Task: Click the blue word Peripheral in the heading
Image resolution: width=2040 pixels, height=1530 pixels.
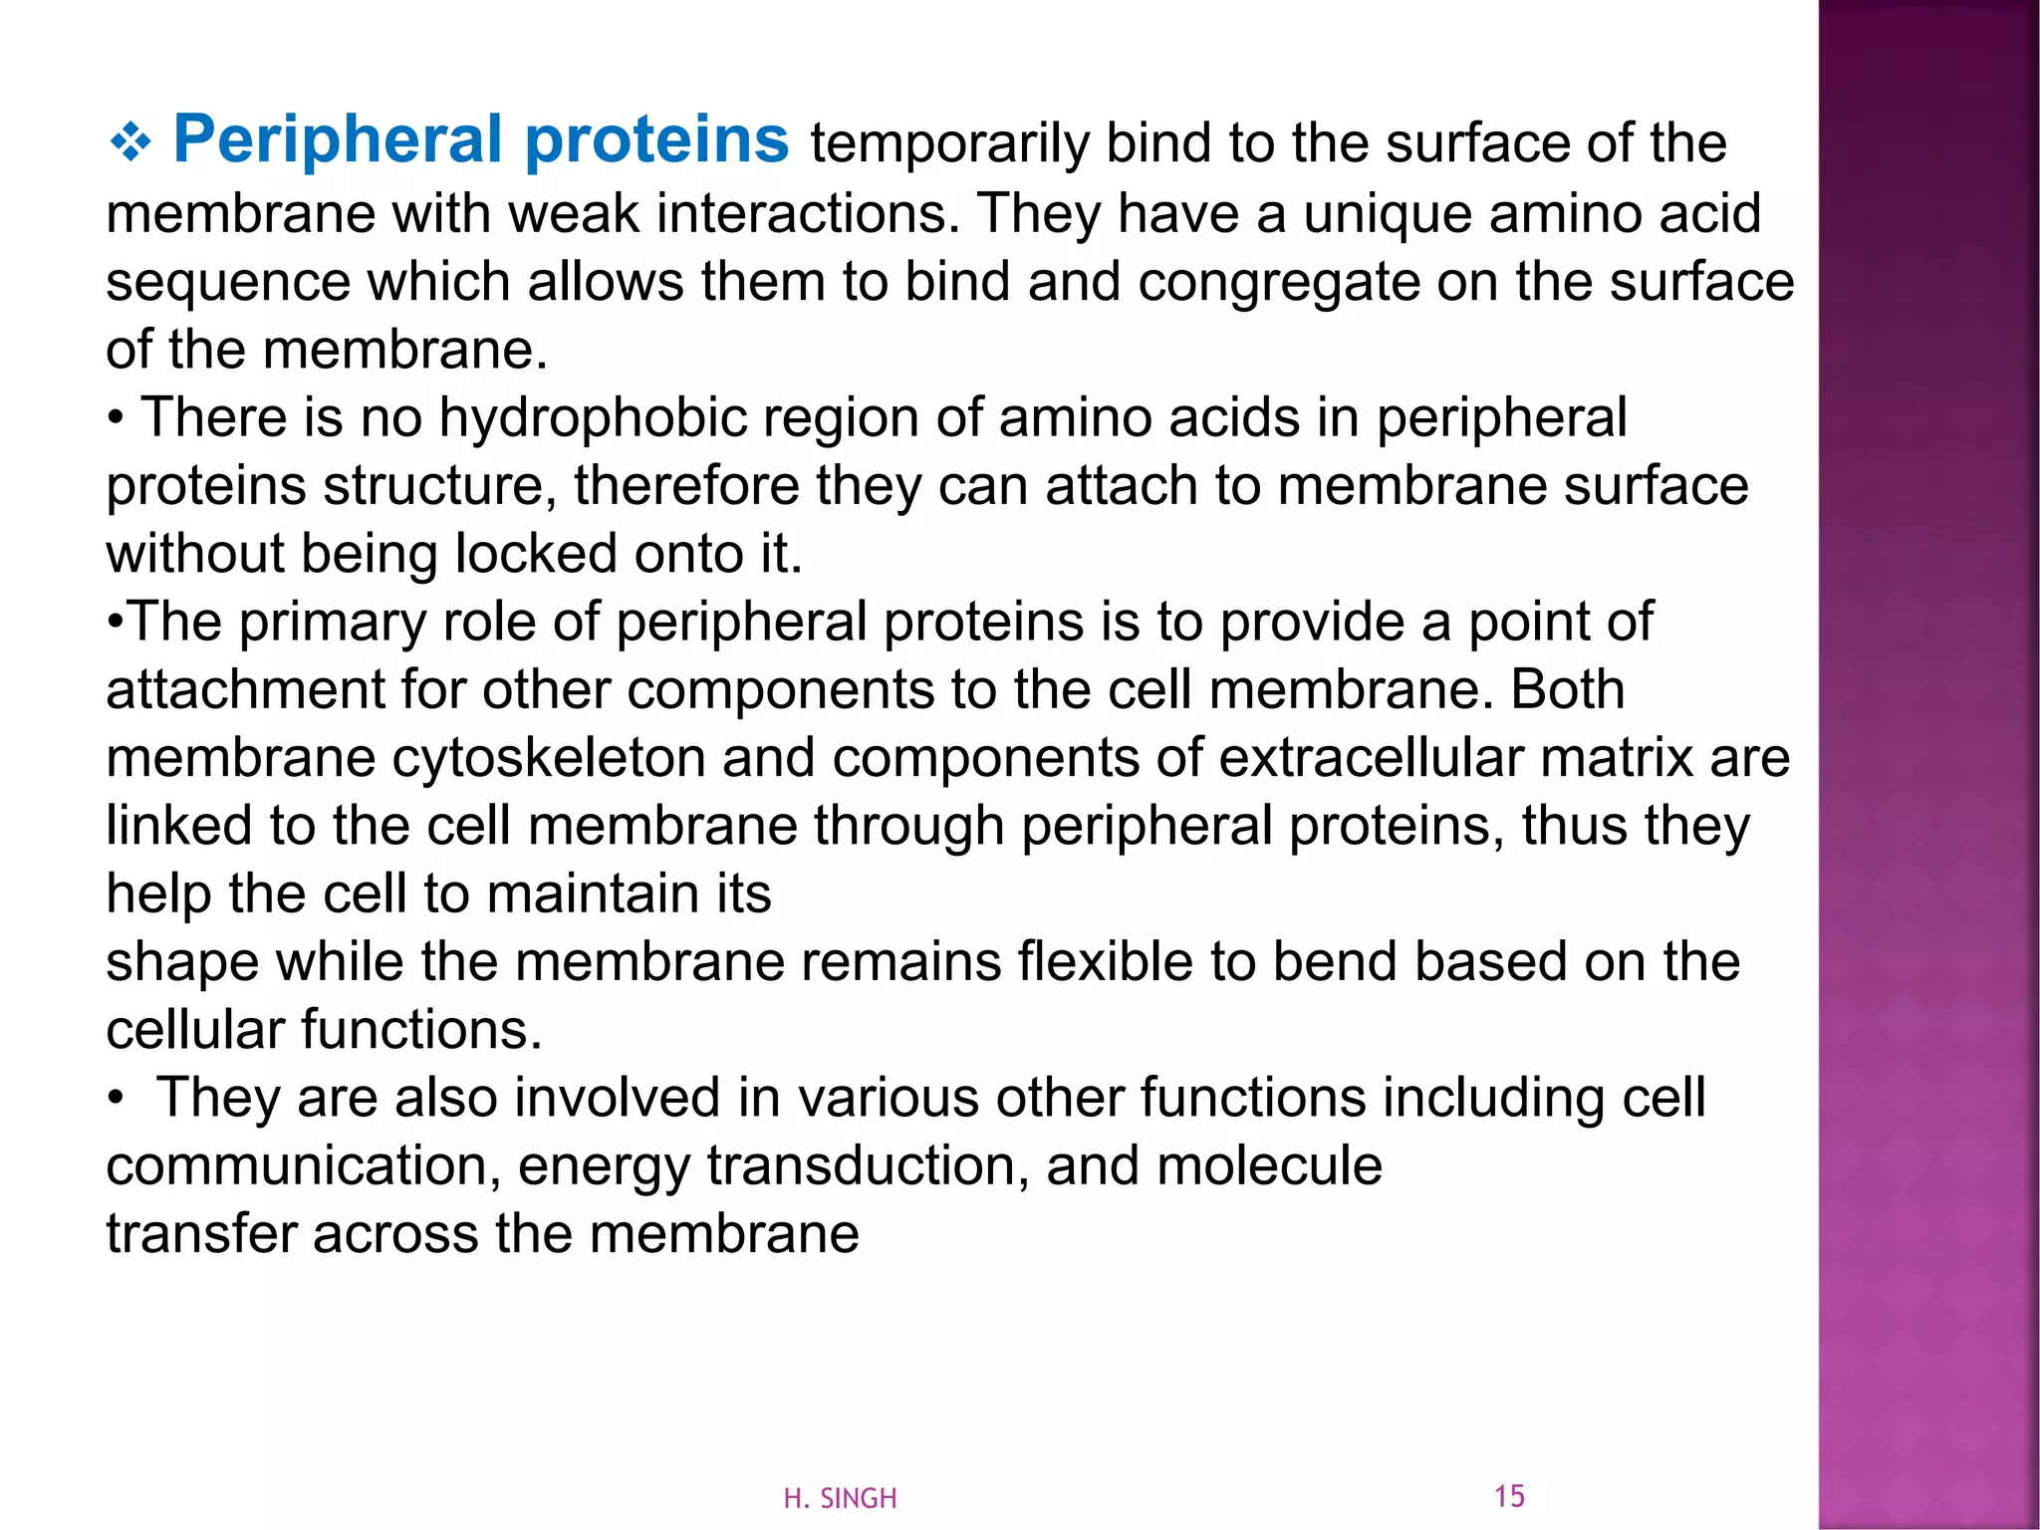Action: (337, 139)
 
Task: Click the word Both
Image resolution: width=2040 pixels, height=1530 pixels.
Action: (1567, 689)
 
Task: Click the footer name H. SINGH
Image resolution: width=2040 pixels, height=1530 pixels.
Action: (840, 1498)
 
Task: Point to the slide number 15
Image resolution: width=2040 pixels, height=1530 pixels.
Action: (1509, 1496)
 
